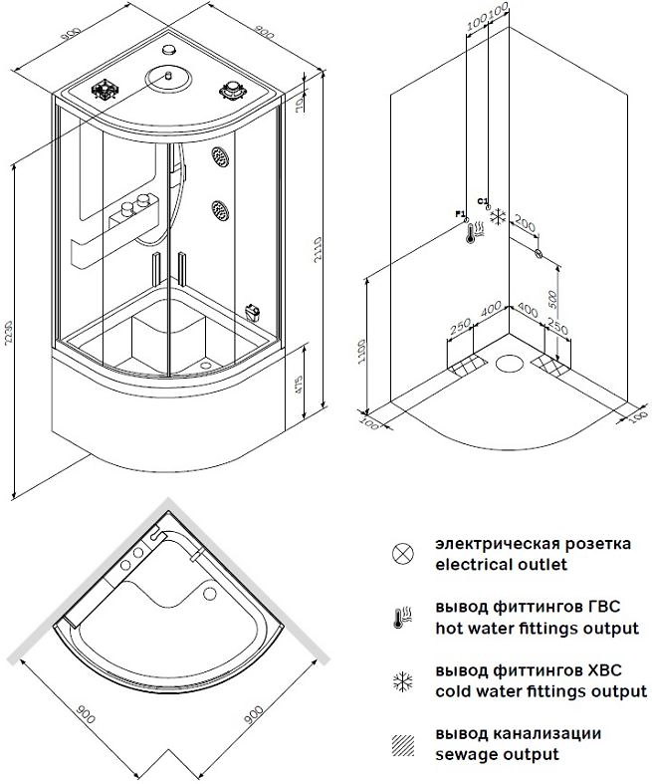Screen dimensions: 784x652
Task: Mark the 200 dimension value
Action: (x=522, y=225)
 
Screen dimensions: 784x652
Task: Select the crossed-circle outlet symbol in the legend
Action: (x=402, y=553)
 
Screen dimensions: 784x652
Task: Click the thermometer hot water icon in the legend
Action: (x=402, y=618)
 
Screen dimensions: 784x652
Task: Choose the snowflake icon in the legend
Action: (x=402, y=681)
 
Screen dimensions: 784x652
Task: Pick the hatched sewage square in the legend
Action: (x=402, y=743)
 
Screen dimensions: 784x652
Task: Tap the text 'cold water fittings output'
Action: (x=541, y=690)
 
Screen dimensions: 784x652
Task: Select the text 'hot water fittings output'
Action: (x=537, y=629)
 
